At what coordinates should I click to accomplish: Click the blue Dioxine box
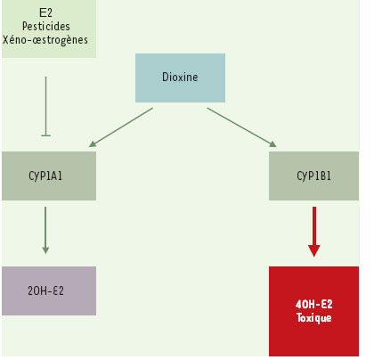pos(180,78)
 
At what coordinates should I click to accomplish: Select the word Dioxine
pos(180,78)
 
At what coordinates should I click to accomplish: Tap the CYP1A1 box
pos(49,176)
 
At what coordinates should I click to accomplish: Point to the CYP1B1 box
pos(313,176)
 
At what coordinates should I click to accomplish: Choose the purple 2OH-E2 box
pos(49,290)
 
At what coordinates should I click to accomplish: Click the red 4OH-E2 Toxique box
pos(313,311)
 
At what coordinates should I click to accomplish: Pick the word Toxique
pos(313,318)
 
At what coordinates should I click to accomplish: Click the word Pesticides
pos(46,26)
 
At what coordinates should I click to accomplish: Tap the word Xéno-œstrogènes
pos(45,40)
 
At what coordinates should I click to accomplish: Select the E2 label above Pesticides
pos(45,12)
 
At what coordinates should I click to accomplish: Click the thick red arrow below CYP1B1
pos(314,232)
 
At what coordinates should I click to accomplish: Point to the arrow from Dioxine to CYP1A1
pos(121,127)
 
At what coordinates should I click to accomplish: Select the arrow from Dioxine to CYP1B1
pos(242,127)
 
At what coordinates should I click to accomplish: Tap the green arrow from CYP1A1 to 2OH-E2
pos(45,231)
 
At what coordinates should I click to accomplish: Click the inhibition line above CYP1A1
pos(45,106)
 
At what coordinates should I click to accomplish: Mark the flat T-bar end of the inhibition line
pos(45,135)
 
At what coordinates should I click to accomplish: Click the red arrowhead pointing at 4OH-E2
pos(314,251)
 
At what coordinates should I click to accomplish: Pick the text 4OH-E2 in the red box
pos(313,304)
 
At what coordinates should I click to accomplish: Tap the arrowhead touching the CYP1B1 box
pos(272,144)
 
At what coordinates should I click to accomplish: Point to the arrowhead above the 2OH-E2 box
pos(45,250)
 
